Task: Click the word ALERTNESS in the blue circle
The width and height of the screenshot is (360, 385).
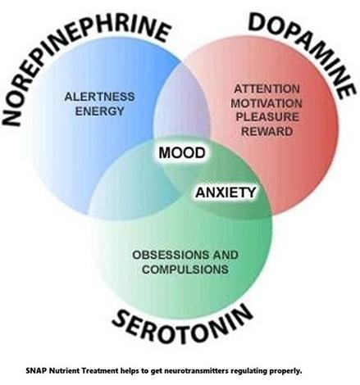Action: click(x=99, y=97)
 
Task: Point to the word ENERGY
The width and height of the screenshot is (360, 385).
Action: click(x=99, y=111)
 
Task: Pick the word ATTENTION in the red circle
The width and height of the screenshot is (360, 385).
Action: click(x=267, y=89)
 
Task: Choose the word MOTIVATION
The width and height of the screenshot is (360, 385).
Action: click(x=267, y=103)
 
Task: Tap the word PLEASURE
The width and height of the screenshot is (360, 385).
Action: click(x=267, y=117)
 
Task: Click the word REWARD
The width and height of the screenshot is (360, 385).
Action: click(x=267, y=132)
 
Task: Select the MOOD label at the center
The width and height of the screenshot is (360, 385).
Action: click(x=182, y=152)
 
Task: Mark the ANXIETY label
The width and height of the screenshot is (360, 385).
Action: click(x=226, y=192)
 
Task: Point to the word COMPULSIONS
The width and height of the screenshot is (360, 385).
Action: click(x=185, y=269)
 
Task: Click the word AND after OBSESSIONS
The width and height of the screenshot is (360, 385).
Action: click(x=226, y=256)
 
